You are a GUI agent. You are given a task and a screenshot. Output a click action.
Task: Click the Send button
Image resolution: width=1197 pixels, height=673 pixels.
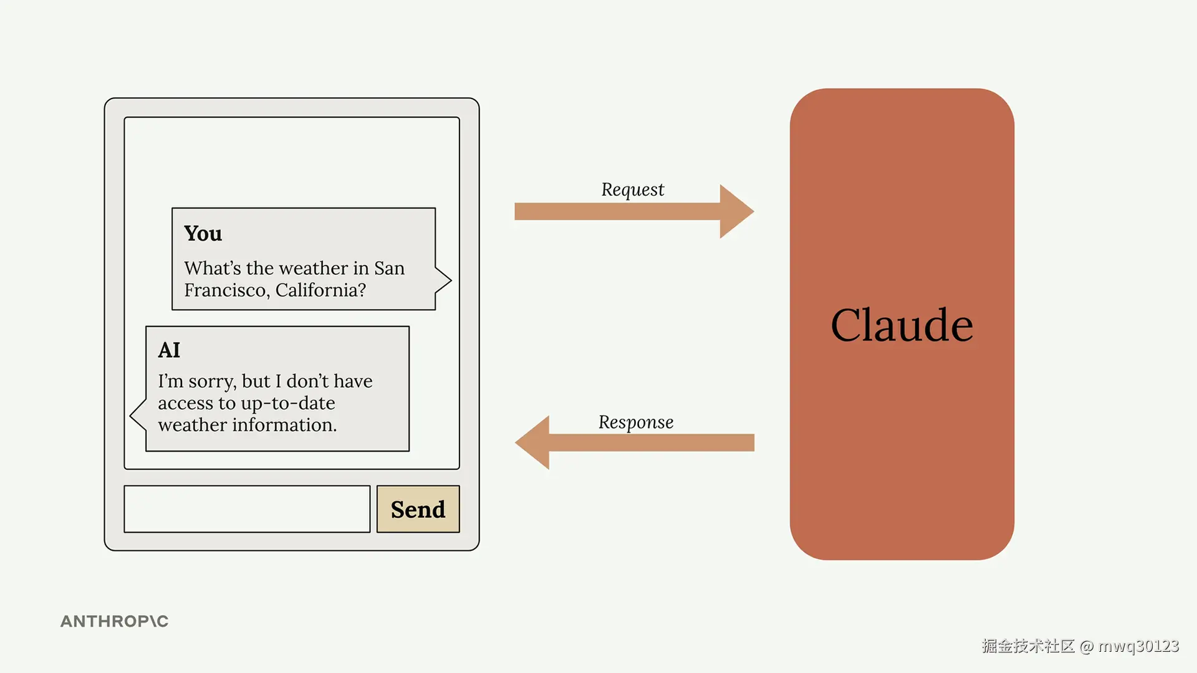[418, 509]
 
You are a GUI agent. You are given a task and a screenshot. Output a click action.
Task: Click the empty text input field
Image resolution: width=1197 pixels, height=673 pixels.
[247, 509]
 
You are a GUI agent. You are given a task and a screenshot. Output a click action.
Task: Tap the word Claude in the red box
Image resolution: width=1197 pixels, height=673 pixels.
[901, 325]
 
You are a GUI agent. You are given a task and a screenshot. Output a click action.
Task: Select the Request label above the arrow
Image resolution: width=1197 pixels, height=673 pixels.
[633, 189]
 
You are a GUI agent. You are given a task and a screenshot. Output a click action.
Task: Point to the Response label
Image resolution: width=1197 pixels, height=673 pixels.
[636, 422]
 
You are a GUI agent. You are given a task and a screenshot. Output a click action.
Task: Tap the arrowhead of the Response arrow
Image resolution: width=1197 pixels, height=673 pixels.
[532, 442]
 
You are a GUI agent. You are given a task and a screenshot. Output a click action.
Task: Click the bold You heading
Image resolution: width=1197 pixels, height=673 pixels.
[203, 233]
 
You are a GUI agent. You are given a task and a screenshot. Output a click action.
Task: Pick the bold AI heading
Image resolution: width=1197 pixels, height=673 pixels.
[169, 350]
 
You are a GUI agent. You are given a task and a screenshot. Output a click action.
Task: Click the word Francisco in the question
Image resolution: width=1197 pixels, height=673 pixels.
[225, 290]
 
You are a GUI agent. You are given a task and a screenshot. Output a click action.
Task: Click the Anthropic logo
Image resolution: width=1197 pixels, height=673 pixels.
[115, 621]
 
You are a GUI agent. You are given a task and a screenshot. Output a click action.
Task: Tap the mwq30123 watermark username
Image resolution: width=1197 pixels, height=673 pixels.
[1138, 646]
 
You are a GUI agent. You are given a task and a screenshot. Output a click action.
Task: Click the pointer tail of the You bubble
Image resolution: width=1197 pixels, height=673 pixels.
[443, 280]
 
